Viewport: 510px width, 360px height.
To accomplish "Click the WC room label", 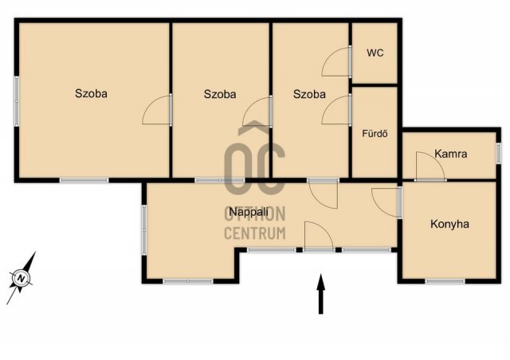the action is pos(375,53).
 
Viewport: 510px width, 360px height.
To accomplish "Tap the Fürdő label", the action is pos(375,133).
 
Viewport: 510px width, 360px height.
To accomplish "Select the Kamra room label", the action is pos(451,154).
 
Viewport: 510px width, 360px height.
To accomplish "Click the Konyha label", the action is pos(449,224).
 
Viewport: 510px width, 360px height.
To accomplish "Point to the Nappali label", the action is pos(249,212).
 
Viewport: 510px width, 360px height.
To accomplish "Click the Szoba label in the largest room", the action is pos(91,93).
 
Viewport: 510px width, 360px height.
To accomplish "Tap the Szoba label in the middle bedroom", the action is pos(220,94).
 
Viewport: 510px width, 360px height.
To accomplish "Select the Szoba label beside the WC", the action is pos(309,94).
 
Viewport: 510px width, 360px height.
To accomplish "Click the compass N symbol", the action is pos(22,279).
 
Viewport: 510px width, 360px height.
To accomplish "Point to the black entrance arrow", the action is pos(321,294).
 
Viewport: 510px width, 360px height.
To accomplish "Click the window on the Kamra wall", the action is pos(498,153).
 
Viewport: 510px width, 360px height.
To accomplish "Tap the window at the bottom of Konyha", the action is pos(445,281).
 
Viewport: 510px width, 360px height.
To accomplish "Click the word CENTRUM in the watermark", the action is pos(255,233).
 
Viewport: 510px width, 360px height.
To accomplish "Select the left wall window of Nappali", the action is pos(143,230).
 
